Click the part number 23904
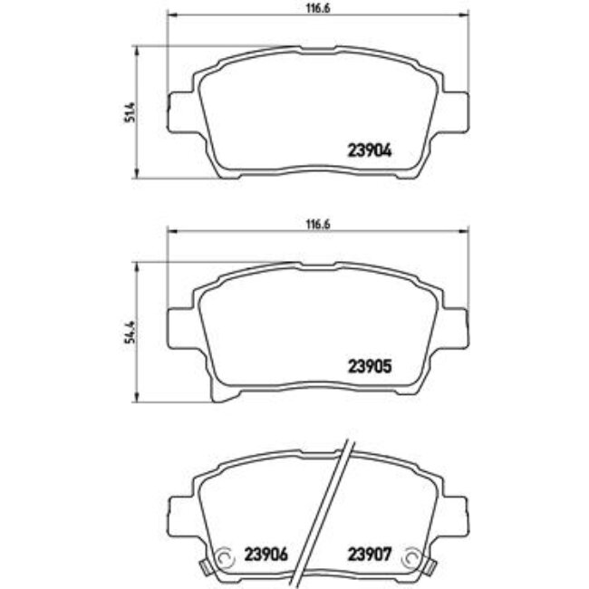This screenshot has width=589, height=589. tap(369, 153)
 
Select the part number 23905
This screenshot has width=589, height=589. tap(369, 367)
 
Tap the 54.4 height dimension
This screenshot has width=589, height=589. tap(130, 332)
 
